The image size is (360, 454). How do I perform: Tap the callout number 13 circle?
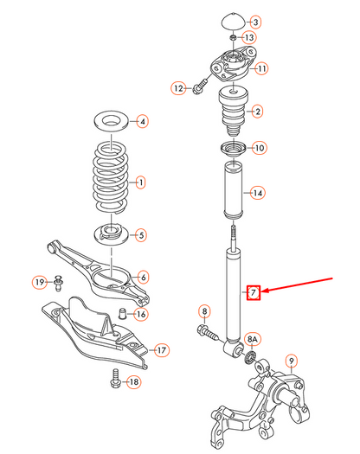pos(249,38)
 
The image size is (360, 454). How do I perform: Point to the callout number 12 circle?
pos(179,87)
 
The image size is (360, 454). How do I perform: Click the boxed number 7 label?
pos(253,292)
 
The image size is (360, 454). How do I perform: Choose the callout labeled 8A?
pos(254,339)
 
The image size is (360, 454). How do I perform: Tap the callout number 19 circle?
pos(39,282)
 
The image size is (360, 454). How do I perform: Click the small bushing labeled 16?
pos(124,312)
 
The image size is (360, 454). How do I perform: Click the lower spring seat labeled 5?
pos(110,233)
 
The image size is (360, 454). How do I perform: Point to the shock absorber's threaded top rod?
pos(232,233)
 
